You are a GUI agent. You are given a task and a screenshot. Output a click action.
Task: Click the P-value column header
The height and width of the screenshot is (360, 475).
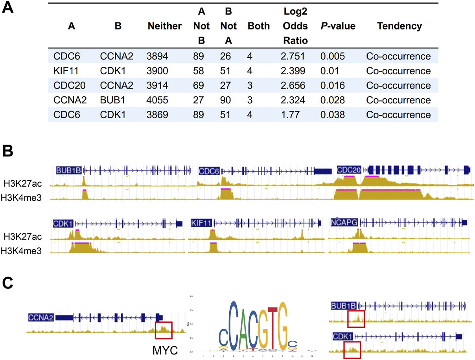(338, 26)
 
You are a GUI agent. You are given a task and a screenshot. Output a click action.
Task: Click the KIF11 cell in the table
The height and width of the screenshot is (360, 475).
(62, 71)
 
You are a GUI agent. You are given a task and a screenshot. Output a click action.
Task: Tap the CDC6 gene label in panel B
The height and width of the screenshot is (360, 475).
(209, 171)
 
